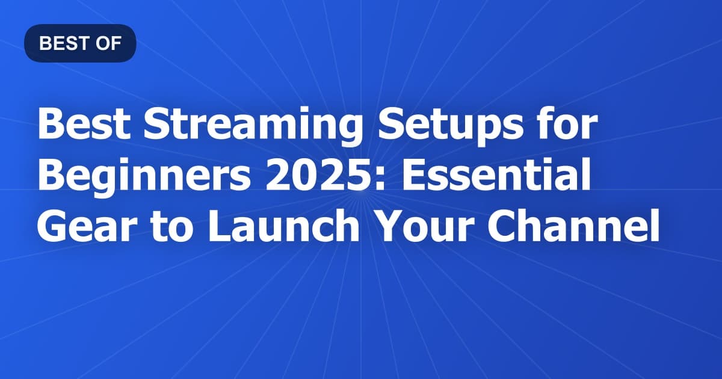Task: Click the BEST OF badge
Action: point(80,43)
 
